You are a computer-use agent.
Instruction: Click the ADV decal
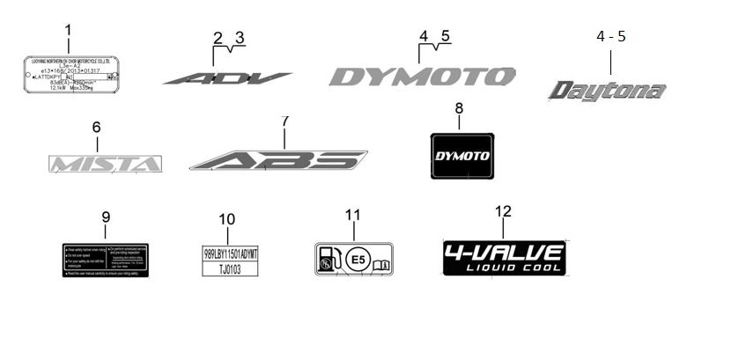click(227, 78)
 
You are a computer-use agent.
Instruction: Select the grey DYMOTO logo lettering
click(422, 77)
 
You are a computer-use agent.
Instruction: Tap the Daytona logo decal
click(607, 91)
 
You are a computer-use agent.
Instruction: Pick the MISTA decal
click(105, 164)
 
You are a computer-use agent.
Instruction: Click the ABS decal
click(278, 160)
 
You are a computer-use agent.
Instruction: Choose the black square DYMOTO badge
click(462, 155)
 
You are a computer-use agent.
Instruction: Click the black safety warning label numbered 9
click(107, 261)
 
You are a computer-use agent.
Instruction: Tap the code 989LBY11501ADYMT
click(231, 253)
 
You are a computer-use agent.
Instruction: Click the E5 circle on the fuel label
click(356, 260)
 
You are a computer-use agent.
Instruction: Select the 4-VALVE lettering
click(503, 251)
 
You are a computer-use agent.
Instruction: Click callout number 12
click(503, 211)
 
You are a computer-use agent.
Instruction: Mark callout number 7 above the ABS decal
click(284, 121)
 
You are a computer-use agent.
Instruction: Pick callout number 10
click(226, 219)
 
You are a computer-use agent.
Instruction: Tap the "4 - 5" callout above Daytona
click(611, 37)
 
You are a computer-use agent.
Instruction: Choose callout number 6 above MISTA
click(96, 128)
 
